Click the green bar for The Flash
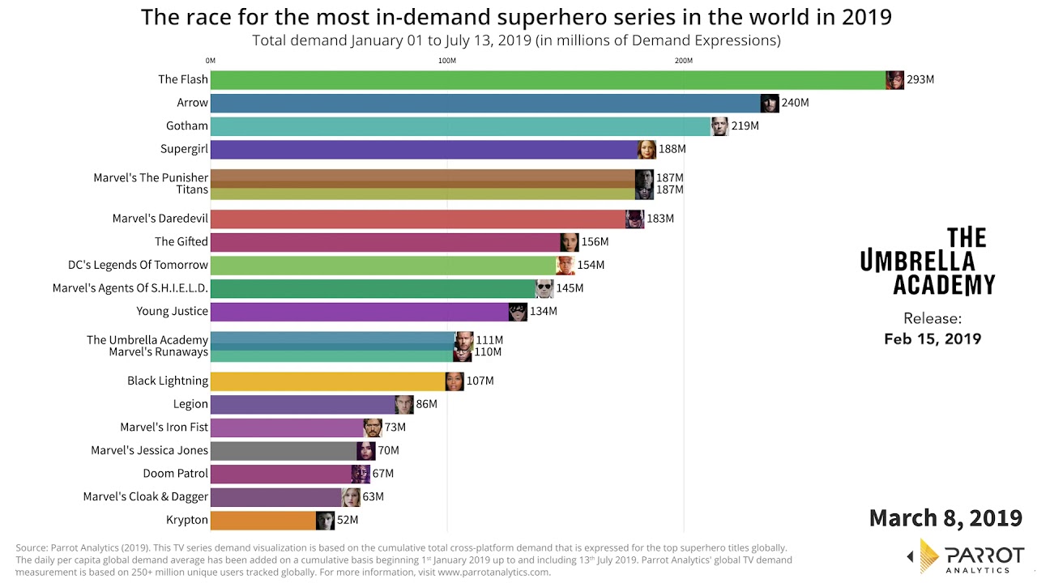coord(548,79)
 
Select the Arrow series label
coord(193,103)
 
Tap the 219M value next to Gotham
coord(745,126)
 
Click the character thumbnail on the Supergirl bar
coord(647,149)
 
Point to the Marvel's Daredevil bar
coord(418,219)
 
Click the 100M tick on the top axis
coord(446,61)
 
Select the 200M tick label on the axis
coord(683,61)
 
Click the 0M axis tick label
coord(211,61)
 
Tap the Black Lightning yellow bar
coord(328,381)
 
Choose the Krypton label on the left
coord(187,520)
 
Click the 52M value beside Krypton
coord(347,520)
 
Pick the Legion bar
coord(303,404)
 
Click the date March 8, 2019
coord(945,517)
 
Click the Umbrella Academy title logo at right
coord(928,261)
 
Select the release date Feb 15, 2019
coord(932,338)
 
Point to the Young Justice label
coord(173,311)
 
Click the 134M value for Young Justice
coord(544,312)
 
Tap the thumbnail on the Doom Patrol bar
coord(361,474)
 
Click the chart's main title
coord(516,17)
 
